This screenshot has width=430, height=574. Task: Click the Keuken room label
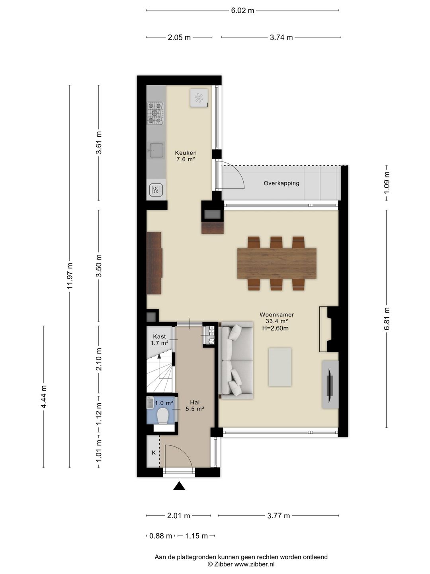(186, 152)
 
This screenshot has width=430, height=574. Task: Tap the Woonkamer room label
(277, 315)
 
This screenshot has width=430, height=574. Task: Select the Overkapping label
(281, 183)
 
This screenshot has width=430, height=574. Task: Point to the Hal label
(195, 403)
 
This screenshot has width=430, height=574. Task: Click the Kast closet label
(159, 336)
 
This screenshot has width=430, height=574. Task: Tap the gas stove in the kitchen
(155, 113)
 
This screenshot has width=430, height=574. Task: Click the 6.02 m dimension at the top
(242, 10)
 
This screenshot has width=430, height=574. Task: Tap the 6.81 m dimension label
(387, 318)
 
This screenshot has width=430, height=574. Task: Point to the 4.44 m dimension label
(43, 397)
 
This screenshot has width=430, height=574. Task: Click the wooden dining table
(277, 263)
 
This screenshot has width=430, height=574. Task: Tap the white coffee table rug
(280, 367)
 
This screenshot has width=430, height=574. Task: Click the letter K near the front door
(154, 453)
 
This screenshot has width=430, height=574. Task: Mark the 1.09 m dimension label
(387, 183)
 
